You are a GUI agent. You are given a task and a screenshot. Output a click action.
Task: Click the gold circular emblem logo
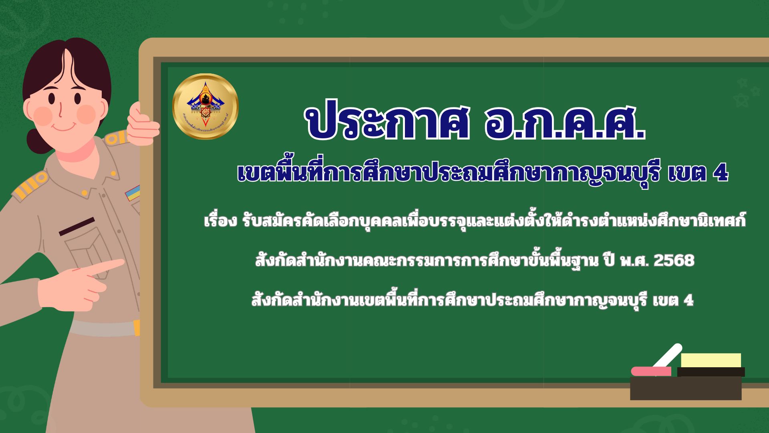coord(205,106)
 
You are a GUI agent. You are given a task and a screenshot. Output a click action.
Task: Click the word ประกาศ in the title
coord(387,123)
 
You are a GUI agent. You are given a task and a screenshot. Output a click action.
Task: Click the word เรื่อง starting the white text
coord(221,221)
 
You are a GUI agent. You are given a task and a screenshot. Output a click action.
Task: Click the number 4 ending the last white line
coord(688,300)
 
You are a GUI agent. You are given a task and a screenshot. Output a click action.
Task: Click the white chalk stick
coord(668,355)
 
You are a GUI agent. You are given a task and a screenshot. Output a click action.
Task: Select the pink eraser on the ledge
coord(651,371)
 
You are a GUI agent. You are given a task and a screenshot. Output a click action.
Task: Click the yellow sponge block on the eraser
coord(711,360)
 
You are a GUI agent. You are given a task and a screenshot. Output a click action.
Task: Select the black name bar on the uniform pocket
coord(76,226)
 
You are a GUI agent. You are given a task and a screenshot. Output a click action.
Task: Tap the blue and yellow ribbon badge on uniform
coord(133,193)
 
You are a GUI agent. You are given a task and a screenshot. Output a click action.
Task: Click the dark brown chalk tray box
coord(686,388)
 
